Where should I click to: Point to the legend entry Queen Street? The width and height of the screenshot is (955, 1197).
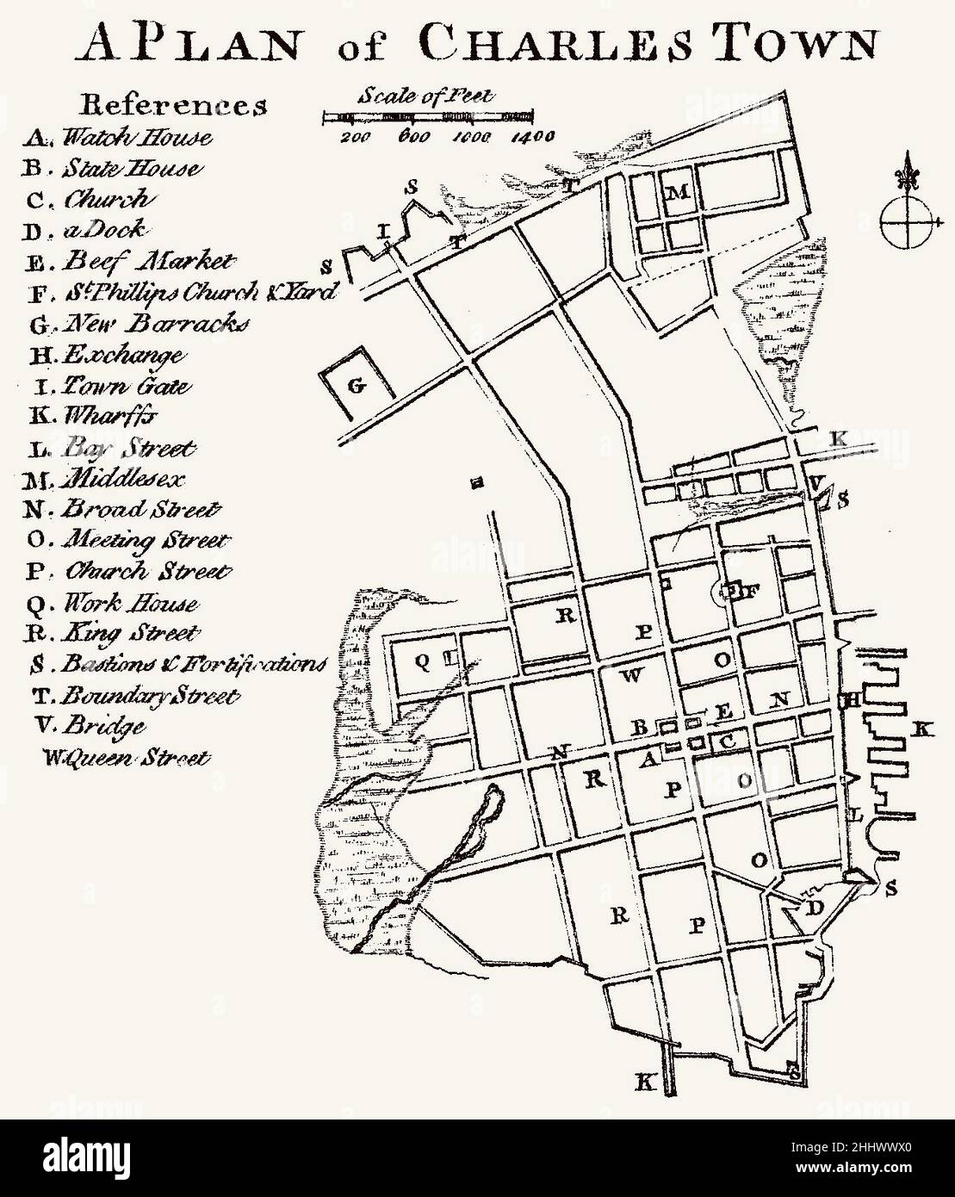click(x=126, y=759)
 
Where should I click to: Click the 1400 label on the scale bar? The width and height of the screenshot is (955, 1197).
click(x=530, y=136)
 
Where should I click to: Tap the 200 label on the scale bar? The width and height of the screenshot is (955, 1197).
click(x=356, y=136)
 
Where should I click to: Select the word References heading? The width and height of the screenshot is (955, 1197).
click(x=173, y=105)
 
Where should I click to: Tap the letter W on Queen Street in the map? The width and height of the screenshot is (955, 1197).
click(x=630, y=675)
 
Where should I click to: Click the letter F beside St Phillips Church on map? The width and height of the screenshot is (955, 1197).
click(x=748, y=591)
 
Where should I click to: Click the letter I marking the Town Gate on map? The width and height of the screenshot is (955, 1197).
click(x=385, y=232)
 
